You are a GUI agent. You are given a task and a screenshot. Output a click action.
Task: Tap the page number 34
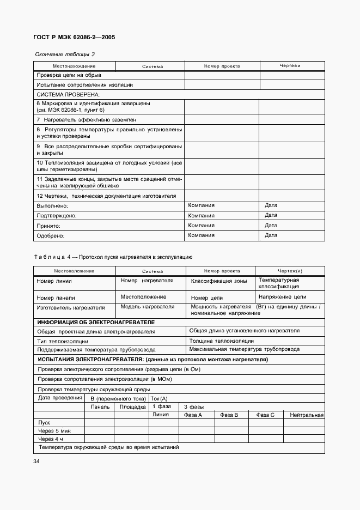pos(36,462)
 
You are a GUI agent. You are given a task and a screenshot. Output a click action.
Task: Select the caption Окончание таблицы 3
pos(65,54)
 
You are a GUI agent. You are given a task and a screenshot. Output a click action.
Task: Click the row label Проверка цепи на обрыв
pos(69,75)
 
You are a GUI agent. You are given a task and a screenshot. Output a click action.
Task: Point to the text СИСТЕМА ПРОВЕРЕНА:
pos(64,94)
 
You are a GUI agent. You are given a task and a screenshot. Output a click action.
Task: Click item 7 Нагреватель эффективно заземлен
pos(86,119)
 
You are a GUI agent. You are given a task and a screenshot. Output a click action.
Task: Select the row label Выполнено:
pos(52,206)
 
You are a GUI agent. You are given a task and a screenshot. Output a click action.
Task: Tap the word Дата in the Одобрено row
pos(271,235)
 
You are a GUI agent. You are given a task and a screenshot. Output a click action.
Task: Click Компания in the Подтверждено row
pos(201,215)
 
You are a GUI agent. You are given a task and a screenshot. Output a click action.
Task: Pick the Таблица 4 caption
pos(113,257)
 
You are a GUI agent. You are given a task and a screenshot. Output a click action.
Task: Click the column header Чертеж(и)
pos(290,271)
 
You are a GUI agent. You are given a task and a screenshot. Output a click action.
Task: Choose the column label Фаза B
pos(229,415)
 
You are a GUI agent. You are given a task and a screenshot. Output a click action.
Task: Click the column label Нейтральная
pos(307,415)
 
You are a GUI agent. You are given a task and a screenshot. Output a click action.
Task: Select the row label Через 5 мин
pos(54,430)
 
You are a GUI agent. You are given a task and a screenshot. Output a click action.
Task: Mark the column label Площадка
pos(132,406)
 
